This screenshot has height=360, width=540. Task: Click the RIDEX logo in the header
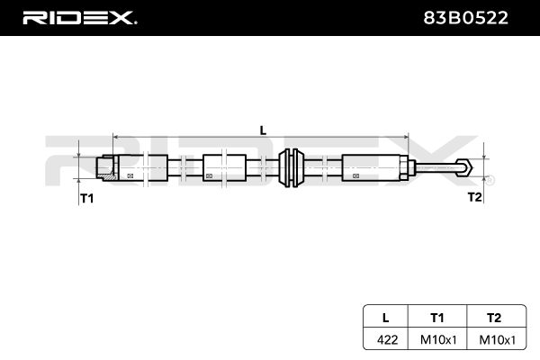pos(79,16)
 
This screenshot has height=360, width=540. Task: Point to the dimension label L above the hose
pos(263,130)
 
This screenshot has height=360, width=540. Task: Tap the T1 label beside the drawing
pos(86,198)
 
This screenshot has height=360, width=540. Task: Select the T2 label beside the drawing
pos(474,197)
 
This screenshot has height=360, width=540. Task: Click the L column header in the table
pos(385,317)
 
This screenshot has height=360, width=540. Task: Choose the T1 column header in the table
pos(437,317)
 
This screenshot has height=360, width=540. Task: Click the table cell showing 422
pos(385,340)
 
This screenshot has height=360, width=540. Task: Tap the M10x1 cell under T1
pos(437,340)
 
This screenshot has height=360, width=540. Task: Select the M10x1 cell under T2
pos(494,340)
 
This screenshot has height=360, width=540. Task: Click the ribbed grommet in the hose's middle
pos(291,167)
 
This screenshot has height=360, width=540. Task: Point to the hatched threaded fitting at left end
pos(104,167)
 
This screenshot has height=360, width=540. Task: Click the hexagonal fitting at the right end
pos(464,167)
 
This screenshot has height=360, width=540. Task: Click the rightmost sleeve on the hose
pos(371,167)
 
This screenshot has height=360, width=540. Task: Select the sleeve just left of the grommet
pos(224,167)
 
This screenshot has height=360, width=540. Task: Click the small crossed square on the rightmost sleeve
pos(354,175)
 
